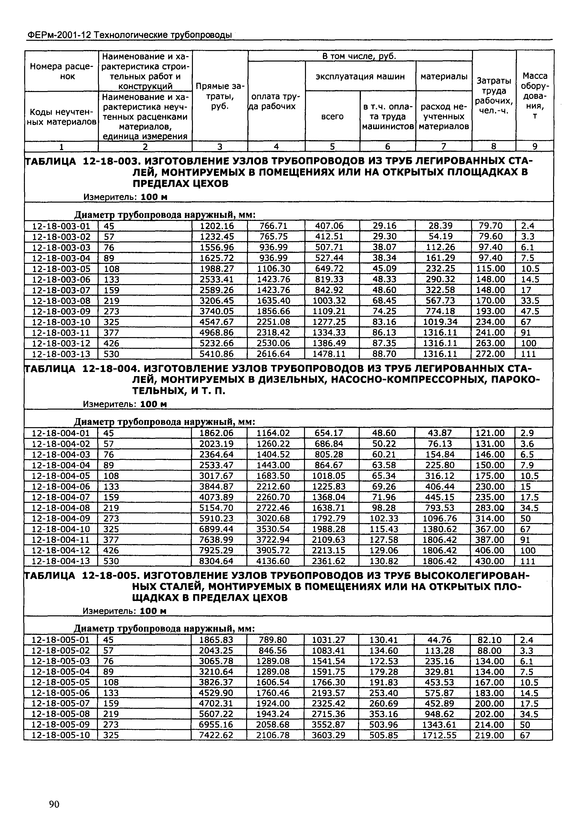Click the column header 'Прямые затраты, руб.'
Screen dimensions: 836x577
coord(220,96)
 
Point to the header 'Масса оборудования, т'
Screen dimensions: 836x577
coord(535,96)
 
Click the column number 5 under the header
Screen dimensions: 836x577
coord(332,146)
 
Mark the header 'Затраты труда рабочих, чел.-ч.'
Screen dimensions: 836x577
coord(493,96)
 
